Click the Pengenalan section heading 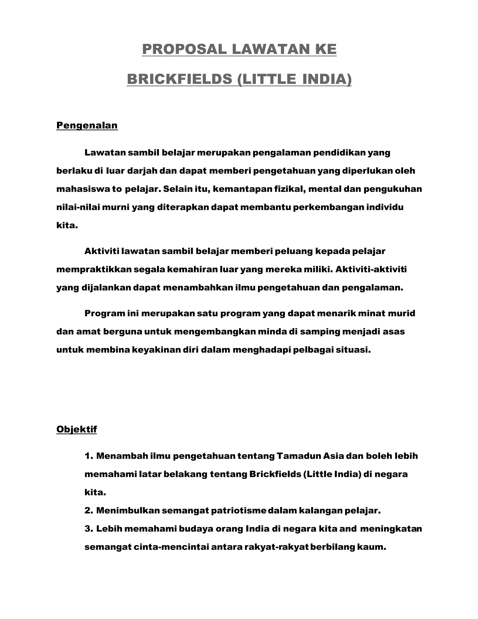pyautogui.click(x=87, y=125)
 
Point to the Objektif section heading pyautogui.click(x=77, y=429)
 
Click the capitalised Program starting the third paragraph pyautogui.click(x=105, y=313)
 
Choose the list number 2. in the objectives pyautogui.click(x=89, y=511)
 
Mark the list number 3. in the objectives pyautogui.click(x=89, y=529)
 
